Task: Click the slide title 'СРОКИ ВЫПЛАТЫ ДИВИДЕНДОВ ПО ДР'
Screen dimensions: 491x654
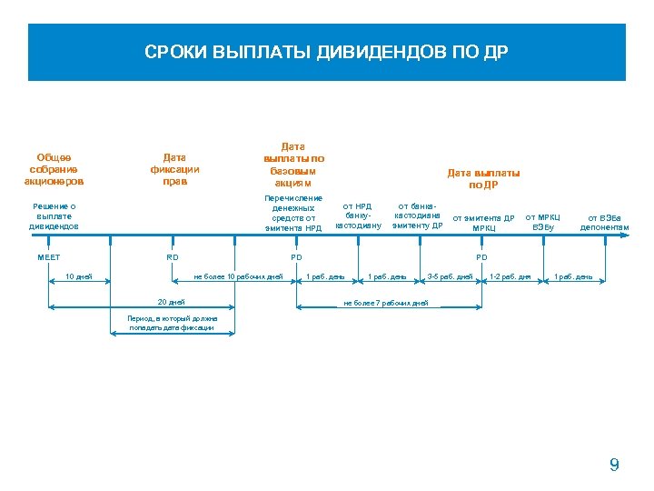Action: click(327, 53)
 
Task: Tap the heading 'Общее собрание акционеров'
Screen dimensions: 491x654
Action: click(54, 169)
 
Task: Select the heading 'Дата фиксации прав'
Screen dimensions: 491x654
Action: click(175, 169)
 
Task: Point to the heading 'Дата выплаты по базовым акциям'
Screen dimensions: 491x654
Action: click(293, 164)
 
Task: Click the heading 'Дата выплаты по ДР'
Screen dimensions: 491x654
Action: click(483, 178)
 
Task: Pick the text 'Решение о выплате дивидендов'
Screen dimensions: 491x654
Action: click(54, 215)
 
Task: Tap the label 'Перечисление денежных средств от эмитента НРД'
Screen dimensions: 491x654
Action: click(293, 213)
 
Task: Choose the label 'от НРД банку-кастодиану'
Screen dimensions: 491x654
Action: click(359, 215)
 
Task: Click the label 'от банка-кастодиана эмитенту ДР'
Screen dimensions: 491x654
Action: click(418, 215)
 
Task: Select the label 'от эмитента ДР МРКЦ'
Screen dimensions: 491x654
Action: click(483, 223)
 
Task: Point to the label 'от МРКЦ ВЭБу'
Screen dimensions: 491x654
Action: click(543, 221)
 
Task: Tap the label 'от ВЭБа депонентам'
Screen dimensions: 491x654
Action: click(604, 223)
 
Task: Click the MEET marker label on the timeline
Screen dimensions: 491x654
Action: click(49, 258)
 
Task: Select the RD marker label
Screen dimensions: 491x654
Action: click(173, 258)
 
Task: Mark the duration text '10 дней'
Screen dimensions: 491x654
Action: click(79, 276)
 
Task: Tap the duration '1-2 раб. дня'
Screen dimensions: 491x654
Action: click(510, 276)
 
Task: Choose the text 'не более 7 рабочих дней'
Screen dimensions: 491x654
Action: click(386, 303)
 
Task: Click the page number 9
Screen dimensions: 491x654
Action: click(614, 466)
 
